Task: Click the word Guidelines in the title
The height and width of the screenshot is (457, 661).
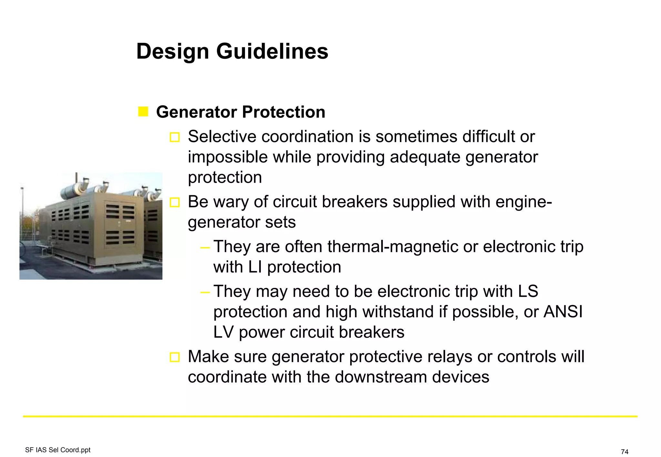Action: [x=272, y=51]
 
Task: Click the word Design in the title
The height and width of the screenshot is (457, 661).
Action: [x=173, y=51]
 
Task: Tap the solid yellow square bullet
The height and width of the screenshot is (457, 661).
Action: [x=143, y=112]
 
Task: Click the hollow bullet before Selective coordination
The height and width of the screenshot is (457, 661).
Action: [x=175, y=137]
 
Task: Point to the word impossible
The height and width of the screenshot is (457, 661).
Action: [x=228, y=157]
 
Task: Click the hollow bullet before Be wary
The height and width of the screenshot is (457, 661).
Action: [x=175, y=202]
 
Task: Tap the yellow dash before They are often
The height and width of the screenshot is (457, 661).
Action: [x=205, y=248]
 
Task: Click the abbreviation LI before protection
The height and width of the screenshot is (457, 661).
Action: [x=255, y=267]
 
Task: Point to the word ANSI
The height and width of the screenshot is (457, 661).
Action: [x=563, y=312]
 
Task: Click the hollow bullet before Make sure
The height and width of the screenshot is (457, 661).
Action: [x=175, y=357]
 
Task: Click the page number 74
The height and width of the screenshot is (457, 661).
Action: [x=625, y=452]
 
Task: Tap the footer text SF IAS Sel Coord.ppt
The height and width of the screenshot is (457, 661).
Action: [x=58, y=450]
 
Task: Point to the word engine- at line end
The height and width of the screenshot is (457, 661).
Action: [x=524, y=202]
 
